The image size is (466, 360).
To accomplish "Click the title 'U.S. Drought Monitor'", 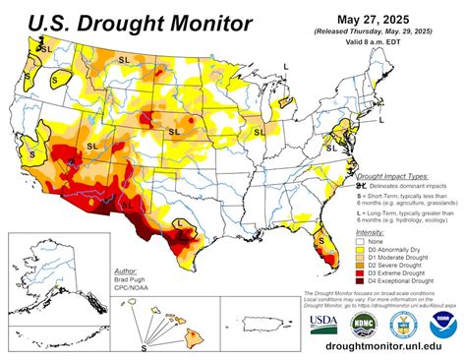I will click(x=128, y=22).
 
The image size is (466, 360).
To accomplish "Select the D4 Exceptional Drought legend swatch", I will click(x=362, y=281).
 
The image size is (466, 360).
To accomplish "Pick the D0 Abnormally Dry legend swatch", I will click(x=362, y=250).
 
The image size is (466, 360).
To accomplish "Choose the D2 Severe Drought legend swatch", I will click(x=362, y=266).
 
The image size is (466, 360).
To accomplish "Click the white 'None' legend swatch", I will click(x=362, y=242).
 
